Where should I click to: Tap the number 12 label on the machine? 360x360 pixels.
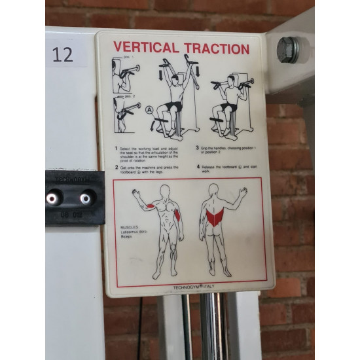click(63, 54)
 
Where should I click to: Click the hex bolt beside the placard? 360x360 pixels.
click(288, 49)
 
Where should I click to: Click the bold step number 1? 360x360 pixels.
click(117, 148)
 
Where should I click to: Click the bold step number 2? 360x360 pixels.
click(117, 167)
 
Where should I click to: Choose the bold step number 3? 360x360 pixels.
click(197, 148)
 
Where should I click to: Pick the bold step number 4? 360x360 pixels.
click(197, 167)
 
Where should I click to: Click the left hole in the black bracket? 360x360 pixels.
click(51, 197)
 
